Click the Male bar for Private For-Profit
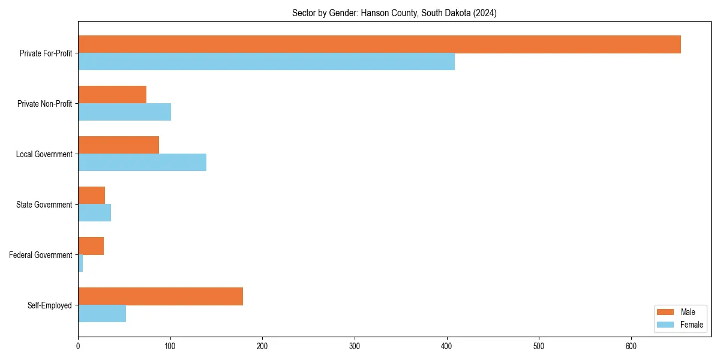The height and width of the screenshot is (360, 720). click(x=379, y=44)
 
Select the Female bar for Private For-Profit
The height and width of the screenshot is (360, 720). click(x=266, y=62)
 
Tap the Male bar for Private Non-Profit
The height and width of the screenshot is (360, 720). click(x=112, y=95)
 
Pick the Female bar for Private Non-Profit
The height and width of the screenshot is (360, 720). click(x=124, y=112)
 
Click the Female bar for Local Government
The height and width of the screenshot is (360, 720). click(x=142, y=163)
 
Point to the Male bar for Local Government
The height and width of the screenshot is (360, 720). click(x=118, y=145)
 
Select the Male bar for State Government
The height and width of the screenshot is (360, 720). click(x=91, y=196)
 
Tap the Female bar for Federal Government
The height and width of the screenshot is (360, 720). click(x=80, y=263)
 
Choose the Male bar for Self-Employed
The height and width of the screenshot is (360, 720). click(x=160, y=296)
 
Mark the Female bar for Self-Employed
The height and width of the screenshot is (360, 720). click(x=102, y=314)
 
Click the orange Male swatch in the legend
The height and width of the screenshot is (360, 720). click(x=666, y=312)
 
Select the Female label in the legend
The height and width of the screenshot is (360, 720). click(x=691, y=325)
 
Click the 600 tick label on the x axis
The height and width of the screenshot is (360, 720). click(x=631, y=346)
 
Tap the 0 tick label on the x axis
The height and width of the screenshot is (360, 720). click(x=78, y=346)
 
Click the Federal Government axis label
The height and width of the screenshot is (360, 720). click(x=41, y=255)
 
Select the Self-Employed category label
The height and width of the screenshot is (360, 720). click(x=50, y=305)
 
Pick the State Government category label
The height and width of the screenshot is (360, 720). click(x=44, y=205)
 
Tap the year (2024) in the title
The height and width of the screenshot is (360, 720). click(x=484, y=13)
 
